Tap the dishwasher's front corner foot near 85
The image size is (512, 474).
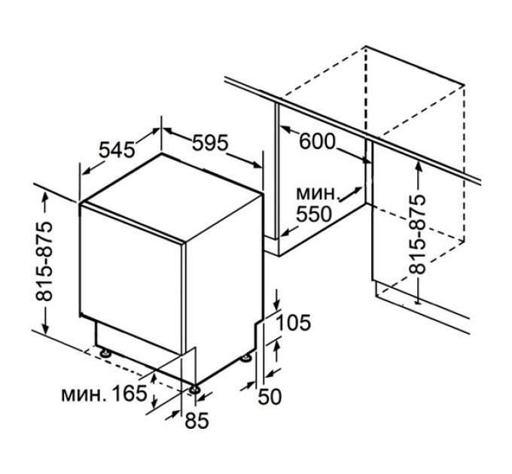(195, 388)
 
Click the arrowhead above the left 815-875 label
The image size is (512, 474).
(47, 197)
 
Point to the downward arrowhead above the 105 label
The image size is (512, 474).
(276, 302)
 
